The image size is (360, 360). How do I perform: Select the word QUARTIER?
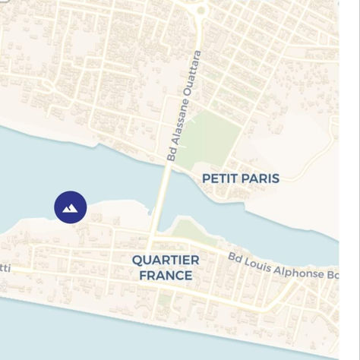pos(166,260)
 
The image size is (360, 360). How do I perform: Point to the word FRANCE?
pos(166,275)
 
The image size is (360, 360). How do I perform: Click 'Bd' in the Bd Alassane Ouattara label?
pos(172,155)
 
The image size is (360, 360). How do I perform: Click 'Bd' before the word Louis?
pos(236,257)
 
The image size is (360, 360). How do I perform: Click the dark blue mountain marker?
pos(70,207)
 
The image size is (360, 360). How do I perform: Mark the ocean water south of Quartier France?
pos(114,338)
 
